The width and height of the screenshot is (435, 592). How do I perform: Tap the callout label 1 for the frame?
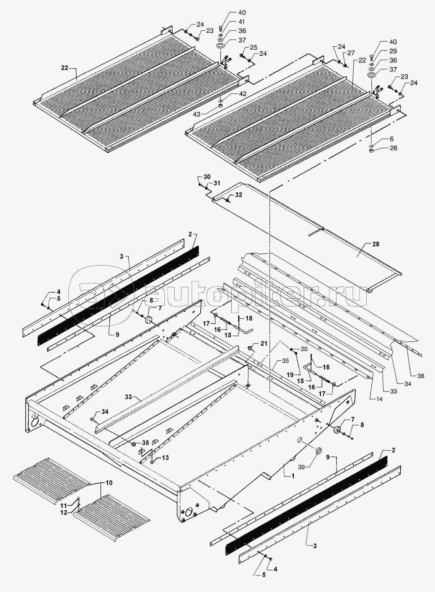[292, 476]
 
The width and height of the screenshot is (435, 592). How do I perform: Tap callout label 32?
[239, 194]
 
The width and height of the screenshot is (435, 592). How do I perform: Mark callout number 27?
[351, 53]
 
